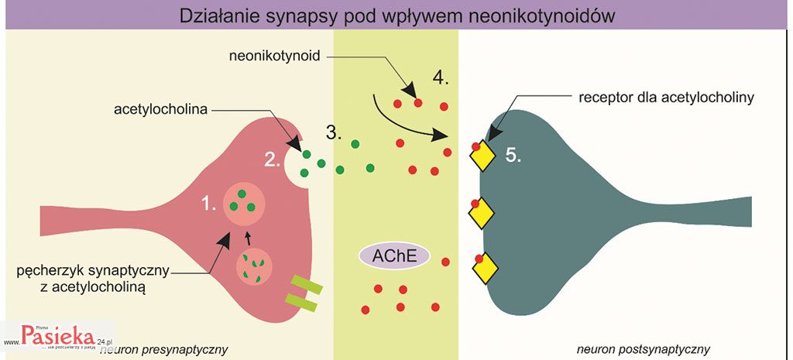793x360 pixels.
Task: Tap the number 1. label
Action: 208,204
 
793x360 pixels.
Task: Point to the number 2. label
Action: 273,159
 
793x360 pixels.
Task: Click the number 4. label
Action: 441,78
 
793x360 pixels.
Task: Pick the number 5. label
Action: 513,155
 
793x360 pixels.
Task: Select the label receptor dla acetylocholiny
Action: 666,98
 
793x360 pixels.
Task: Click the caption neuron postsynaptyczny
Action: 643,348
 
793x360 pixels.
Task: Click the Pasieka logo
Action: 58,334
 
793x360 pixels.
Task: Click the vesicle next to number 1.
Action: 244,203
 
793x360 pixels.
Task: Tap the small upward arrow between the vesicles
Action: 248,235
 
